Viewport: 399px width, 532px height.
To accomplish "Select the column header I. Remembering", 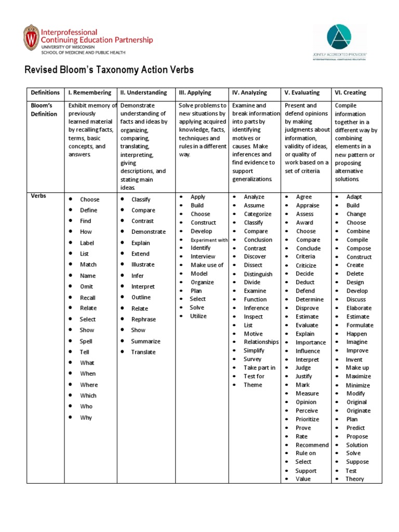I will pos(90,93).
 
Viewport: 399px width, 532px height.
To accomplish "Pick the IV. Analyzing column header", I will pos(249,93).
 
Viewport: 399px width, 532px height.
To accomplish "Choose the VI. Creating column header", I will pos(351,93).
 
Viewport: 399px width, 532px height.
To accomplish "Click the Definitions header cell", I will pos(45,93).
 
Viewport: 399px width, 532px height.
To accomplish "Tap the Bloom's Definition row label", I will pos(43,110).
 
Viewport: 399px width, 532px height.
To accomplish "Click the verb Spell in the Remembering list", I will pos(86,341).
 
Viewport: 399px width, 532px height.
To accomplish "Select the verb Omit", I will pos(87,287).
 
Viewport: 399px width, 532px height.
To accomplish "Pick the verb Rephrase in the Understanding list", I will pos(144,320).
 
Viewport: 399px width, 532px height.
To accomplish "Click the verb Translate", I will pos(143,352).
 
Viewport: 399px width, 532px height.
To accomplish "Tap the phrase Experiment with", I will pos(209,240).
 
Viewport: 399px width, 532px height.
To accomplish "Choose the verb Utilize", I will pos(198,316).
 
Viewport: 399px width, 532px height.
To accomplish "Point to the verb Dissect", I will pos(253,265).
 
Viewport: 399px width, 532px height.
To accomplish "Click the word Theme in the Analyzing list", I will pos(253,385).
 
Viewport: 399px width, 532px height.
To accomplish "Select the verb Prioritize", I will pos(308,419).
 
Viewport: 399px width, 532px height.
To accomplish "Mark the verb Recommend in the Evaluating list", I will pos(312,445).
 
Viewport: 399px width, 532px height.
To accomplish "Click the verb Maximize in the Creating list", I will pos(358,377).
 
